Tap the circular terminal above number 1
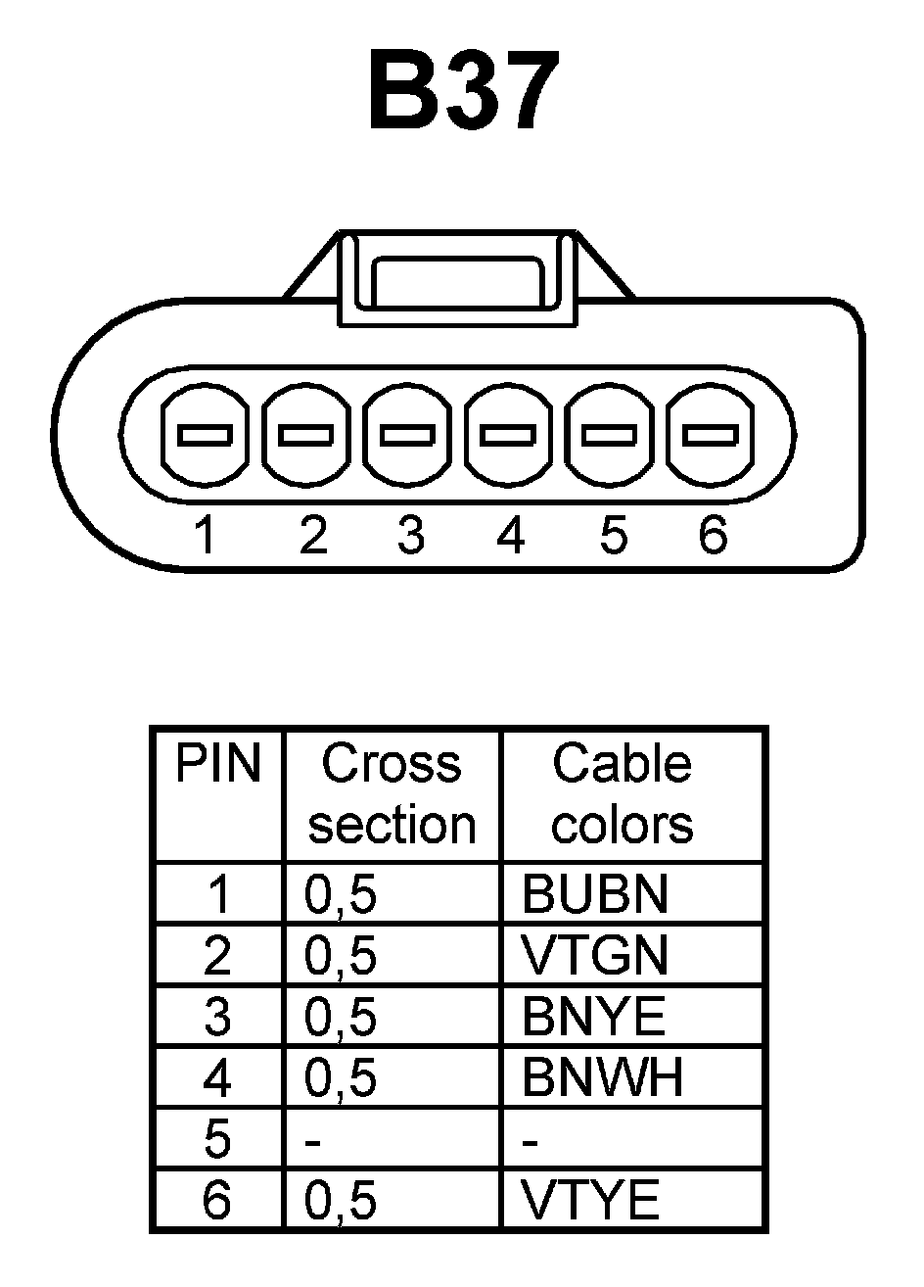pyautogui.click(x=205, y=433)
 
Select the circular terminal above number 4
pyautogui.click(x=509, y=433)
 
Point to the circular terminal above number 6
pyautogui.click(x=711, y=433)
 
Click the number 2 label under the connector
pyautogui.click(x=312, y=535)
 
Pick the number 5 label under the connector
pyautogui.click(x=612, y=535)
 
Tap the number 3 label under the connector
pyautogui.click(x=411, y=535)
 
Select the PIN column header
pyautogui.click(x=218, y=764)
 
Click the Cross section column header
pyautogui.click(x=392, y=793)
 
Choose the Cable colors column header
pyautogui.click(x=623, y=793)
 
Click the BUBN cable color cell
pyautogui.click(x=595, y=893)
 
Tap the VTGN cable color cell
pyautogui.click(x=595, y=955)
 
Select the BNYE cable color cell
pyautogui.click(x=593, y=1017)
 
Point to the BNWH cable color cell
pyautogui.click(x=601, y=1078)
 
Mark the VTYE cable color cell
pyautogui.click(x=590, y=1200)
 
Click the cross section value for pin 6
pyautogui.click(x=341, y=1201)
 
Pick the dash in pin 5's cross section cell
pyautogui.click(x=314, y=1141)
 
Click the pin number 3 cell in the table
pyautogui.click(x=217, y=1018)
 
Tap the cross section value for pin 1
pyautogui.click(x=341, y=894)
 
